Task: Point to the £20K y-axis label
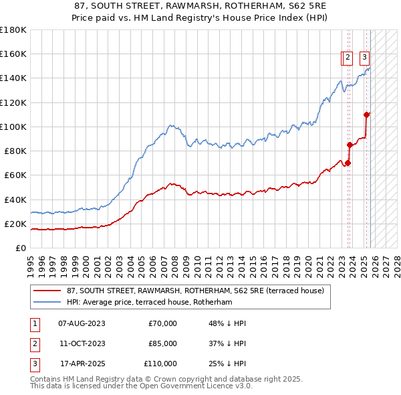click(15, 224)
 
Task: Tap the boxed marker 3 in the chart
click(364, 58)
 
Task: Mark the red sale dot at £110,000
click(367, 114)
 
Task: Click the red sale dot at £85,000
click(350, 145)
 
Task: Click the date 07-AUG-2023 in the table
click(82, 323)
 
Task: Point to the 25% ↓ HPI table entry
click(227, 364)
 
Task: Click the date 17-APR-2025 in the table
click(82, 364)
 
